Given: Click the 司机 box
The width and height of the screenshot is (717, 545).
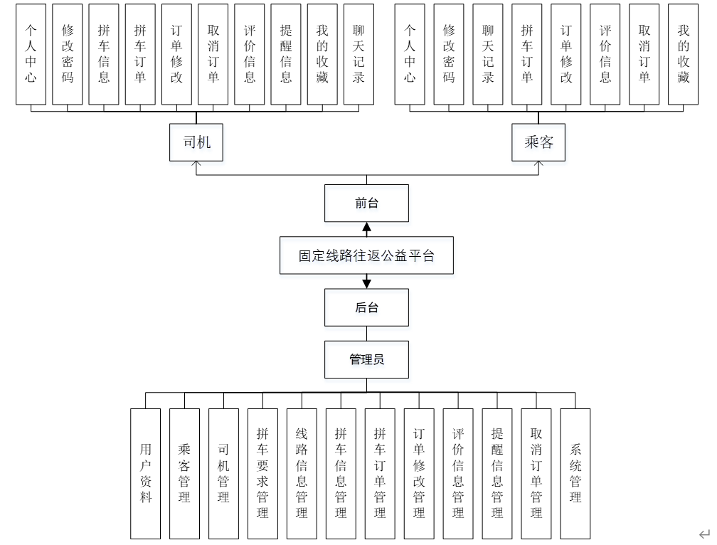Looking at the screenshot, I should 197,142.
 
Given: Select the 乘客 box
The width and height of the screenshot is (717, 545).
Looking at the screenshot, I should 538,142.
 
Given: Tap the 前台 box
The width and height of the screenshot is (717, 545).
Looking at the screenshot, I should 366,203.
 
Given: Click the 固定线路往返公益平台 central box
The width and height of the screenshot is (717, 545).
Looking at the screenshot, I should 366,255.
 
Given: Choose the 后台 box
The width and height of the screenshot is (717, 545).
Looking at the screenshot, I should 366,307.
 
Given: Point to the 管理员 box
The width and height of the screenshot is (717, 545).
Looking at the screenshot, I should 366,359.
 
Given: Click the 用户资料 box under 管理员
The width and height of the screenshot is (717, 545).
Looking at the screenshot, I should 146,472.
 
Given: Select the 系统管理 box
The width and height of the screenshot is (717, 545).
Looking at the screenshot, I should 575,472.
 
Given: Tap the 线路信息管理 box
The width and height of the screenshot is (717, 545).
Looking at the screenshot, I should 302,472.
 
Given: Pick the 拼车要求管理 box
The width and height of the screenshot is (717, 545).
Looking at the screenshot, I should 262,472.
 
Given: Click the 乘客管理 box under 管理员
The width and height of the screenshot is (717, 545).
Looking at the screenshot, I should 184,472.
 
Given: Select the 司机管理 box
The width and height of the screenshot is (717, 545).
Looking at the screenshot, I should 223,472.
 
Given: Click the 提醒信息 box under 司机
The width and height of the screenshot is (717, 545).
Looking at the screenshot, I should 286,54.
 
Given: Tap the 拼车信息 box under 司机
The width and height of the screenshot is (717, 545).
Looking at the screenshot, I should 104,54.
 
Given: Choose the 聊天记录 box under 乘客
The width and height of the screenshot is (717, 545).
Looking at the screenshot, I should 488,54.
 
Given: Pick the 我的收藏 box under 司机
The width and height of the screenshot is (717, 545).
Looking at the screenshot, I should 322,54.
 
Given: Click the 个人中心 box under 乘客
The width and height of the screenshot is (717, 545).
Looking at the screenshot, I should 410,54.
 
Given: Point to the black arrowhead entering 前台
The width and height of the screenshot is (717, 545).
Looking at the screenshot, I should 366,228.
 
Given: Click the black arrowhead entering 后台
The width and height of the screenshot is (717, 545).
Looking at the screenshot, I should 366,283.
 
